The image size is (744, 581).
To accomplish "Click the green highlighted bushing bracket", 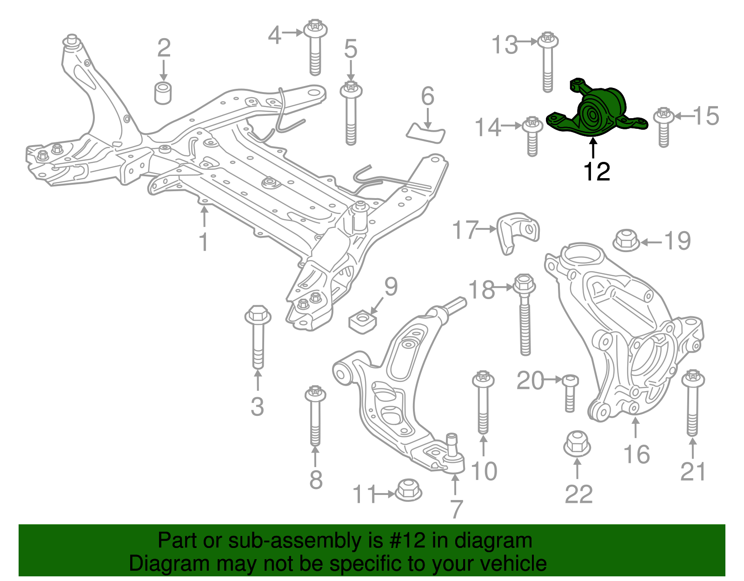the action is coord(597,109).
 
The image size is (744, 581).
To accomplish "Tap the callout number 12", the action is coord(597,172).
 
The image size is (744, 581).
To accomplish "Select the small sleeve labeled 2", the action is coord(163,93).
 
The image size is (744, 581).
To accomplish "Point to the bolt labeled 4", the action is coord(315,47).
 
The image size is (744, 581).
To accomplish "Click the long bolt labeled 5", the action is coord(351,113).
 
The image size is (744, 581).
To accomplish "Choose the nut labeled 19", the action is coord(626,240).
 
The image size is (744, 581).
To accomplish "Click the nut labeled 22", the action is coord(577,444).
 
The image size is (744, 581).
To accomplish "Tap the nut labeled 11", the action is coord(408,490).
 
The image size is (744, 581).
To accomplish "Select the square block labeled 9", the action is coord(363,321).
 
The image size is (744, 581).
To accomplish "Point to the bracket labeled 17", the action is coord(518,233).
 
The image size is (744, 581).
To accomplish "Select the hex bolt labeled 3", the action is coord(258,337).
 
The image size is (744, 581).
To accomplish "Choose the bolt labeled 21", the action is coord(693,403).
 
